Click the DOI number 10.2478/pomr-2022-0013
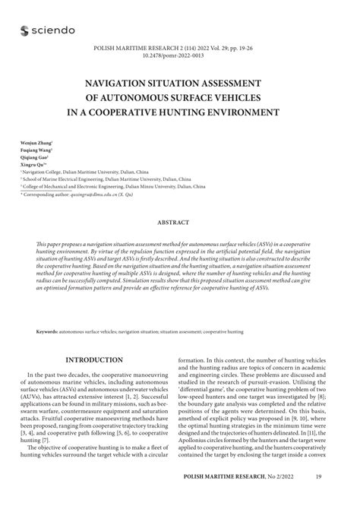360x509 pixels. [180, 55]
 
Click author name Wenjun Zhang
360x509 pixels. [36, 143]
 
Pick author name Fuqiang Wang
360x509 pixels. [35, 151]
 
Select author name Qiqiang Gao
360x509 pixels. [35, 160]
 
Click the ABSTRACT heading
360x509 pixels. [179, 223]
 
